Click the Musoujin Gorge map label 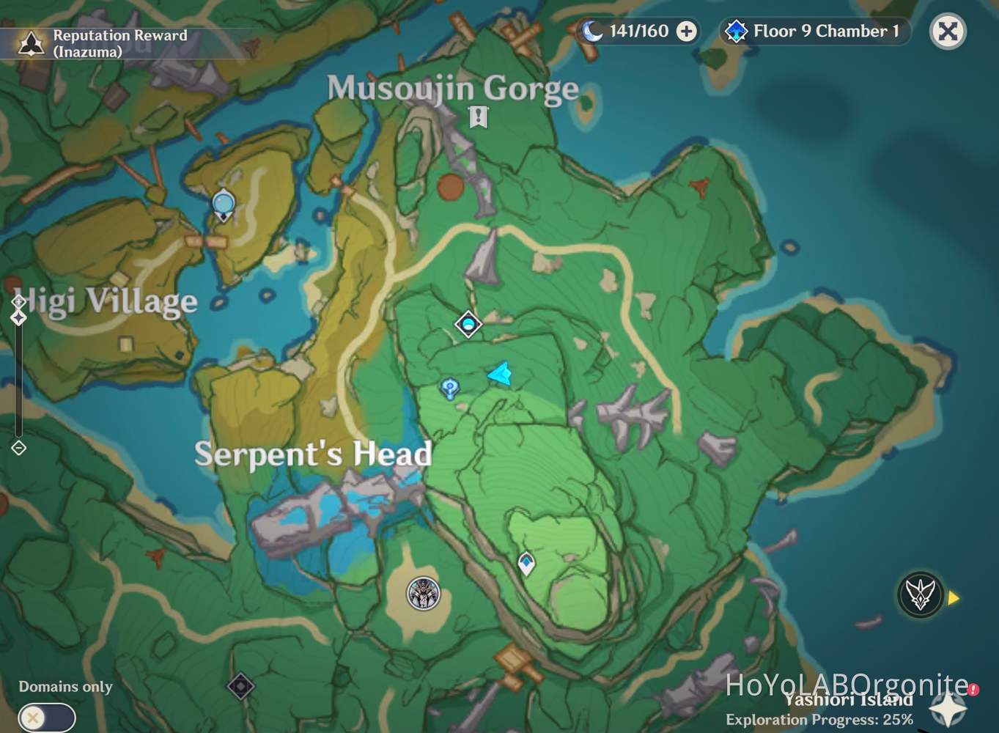(x=452, y=89)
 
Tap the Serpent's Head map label (x=313, y=454)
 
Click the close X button (x=947, y=32)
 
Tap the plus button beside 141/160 (x=686, y=32)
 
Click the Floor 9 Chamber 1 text (x=825, y=32)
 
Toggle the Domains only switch (x=46, y=717)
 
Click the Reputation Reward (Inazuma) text (x=119, y=43)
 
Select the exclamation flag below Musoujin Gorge (x=478, y=116)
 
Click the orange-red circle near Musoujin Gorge (x=451, y=187)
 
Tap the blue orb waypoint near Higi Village (x=223, y=203)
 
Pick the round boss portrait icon (x=423, y=593)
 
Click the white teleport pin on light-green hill (x=526, y=563)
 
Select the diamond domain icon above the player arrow (x=468, y=324)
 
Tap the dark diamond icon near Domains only (x=240, y=686)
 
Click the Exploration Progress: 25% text (x=819, y=720)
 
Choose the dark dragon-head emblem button (x=920, y=594)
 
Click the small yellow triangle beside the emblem (x=954, y=598)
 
